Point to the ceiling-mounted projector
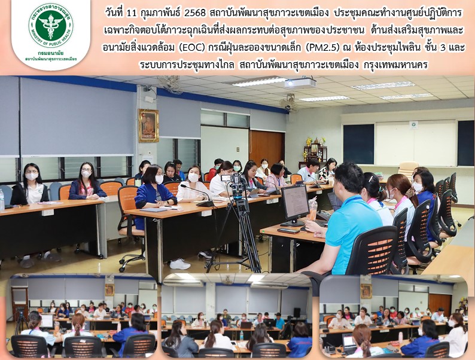point(300,83)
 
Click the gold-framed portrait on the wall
point(148,126)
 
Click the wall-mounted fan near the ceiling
point(288,102)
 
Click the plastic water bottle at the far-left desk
point(2,200)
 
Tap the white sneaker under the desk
point(180,264)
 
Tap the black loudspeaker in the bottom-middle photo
point(297,312)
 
